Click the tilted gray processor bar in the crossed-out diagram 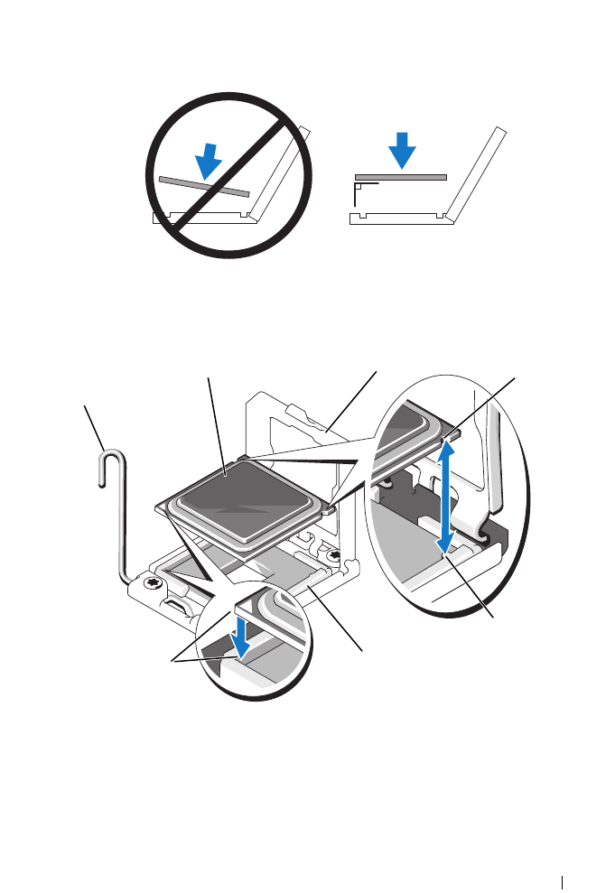(x=203, y=186)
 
